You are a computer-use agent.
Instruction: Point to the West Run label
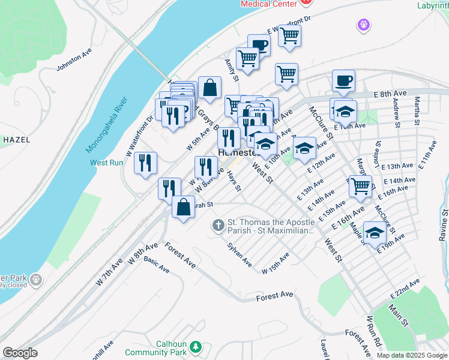pos(106,163)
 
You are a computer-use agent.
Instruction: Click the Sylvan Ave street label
pos(239,254)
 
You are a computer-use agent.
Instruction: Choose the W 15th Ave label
pos(276,263)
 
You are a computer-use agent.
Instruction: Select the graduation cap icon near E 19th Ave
pos(375,233)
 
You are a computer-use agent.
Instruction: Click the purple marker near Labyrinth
pos(363,25)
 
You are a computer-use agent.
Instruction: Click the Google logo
pos(20,353)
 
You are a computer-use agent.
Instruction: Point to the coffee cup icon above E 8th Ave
pos(343,80)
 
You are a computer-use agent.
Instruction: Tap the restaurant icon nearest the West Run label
pos(145,163)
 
